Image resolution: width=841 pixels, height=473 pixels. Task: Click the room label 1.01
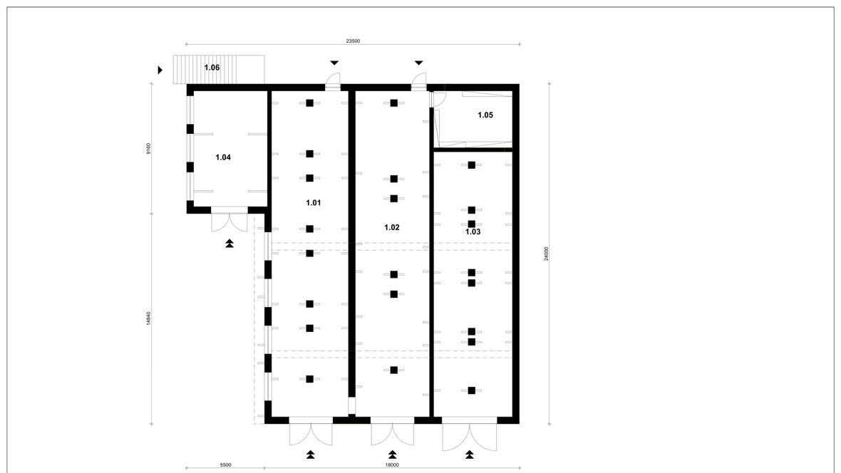click(313, 203)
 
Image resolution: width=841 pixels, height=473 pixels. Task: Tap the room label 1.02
click(391, 227)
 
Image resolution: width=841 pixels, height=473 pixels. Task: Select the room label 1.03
click(473, 232)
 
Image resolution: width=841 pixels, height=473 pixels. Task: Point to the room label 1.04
click(223, 157)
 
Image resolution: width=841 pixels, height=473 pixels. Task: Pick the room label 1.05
click(485, 115)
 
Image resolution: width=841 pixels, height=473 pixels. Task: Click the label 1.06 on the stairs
click(212, 68)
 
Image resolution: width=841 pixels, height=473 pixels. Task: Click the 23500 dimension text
click(353, 41)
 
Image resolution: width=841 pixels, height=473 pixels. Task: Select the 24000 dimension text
click(546, 254)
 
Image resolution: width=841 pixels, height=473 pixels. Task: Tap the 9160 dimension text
click(148, 149)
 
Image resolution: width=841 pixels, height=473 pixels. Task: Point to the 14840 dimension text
click(148, 318)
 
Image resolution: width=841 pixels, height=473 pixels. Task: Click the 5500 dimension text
click(225, 465)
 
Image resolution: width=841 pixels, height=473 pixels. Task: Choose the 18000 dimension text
click(392, 465)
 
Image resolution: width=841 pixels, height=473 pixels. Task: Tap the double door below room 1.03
click(470, 435)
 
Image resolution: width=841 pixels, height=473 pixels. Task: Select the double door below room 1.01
click(311, 432)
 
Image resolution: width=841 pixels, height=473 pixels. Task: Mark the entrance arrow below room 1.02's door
click(392, 454)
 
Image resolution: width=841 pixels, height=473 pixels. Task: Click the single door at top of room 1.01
click(333, 80)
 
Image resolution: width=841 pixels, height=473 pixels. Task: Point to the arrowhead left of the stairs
click(160, 70)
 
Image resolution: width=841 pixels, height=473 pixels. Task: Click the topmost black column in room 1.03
click(471, 165)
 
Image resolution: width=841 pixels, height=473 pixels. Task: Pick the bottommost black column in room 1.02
click(393, 370)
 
